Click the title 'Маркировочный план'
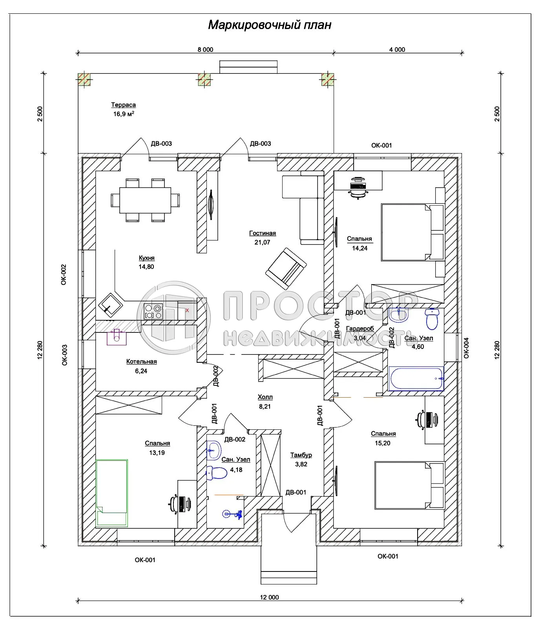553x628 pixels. pyautogui.click(x=270, y=25)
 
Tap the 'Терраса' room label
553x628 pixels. pyautogui.click(x=123, y=105)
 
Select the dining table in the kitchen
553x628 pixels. pyautogui.click(x=145, y=200)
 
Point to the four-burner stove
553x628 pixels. pyautogui.click(x=153, y=311)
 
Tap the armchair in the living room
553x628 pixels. pyautogui.click(x=286, y=268)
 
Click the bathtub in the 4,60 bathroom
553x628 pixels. pyautogui.click(x=416, y=379)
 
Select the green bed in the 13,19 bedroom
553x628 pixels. pyautogui.click(x=112, y=493)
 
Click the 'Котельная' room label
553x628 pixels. pyautogui.click(x=141, y=361)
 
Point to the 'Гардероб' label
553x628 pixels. pyautogui.click(x=360, y=329)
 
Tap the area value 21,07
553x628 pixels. pyautogui.click(x=262, y=242)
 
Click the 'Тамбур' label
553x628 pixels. pyautogui.click(x=301, y=455)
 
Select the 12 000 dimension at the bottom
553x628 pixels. pyautogui.click(x=269, y=597)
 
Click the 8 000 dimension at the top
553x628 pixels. pyautogui.click(x=205, y=49)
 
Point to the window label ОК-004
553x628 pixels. pyautogui.click(x=466, y=348)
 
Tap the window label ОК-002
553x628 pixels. pyautogui.click(x=64, y=274)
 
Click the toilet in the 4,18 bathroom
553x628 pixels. pyautogui.click(x=217, y=473)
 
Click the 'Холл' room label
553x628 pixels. pyautogui.click(x=265, y=397)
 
